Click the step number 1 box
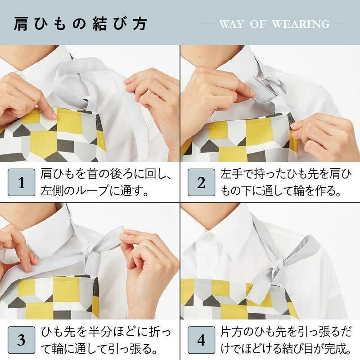(x=21, y=183)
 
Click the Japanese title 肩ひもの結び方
(x=81, y=23)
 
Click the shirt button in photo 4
(x=207, y=235)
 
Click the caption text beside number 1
(x=101, y=183)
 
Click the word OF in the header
(x=258, y=24)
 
